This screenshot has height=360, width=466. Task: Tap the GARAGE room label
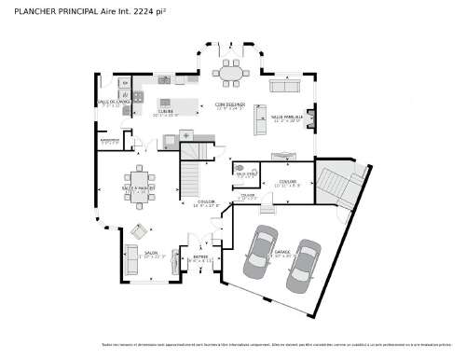click(x=282, y=251)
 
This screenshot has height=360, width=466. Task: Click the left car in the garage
click(x=260, y=253)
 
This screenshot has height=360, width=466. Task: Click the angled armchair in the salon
click(x=140, y=231)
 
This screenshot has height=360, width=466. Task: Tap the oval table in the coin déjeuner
click(x=229, y=73)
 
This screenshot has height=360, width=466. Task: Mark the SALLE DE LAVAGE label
click(x=111, y=102)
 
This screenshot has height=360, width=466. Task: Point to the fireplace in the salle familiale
click(x=310, y=119)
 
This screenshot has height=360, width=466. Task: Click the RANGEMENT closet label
click(x=110, y=141)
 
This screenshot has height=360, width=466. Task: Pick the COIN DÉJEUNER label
click(x=229, y=104)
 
